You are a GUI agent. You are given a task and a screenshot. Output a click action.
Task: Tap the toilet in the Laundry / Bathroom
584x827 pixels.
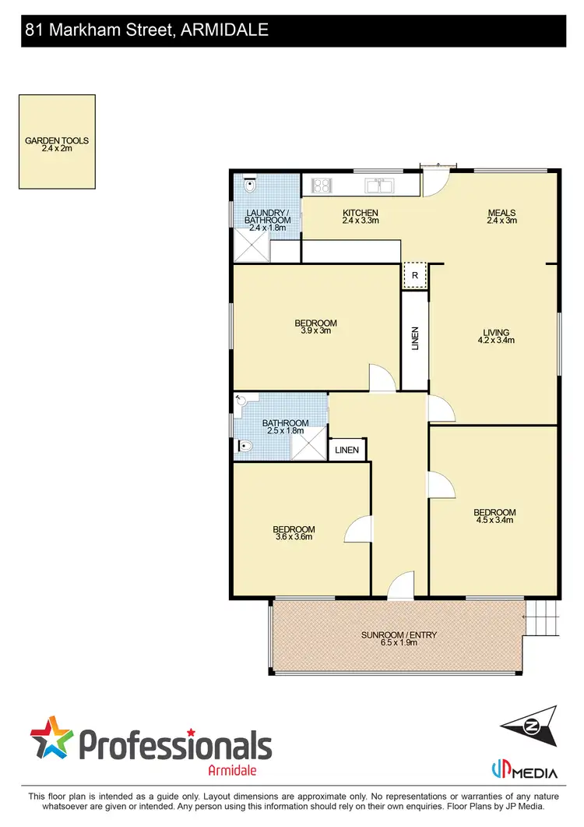(248, 186)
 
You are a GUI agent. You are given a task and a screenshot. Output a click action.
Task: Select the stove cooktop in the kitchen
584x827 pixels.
(322, 185)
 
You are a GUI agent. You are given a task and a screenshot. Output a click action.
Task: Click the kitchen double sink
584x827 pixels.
(380, 185)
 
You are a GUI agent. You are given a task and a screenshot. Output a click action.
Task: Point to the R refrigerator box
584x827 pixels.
(415, 275)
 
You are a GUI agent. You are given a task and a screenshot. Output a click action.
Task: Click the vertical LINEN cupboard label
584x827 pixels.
(415, 337)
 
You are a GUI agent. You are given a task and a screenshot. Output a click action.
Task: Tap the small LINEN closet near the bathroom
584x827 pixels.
(347, 450)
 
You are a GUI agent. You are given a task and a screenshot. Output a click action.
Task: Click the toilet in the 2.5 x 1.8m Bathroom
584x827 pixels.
(245, 447)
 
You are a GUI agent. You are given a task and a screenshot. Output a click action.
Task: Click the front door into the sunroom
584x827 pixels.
(400, 586)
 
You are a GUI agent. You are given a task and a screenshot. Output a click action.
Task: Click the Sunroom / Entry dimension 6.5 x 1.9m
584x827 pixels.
(399, 643)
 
